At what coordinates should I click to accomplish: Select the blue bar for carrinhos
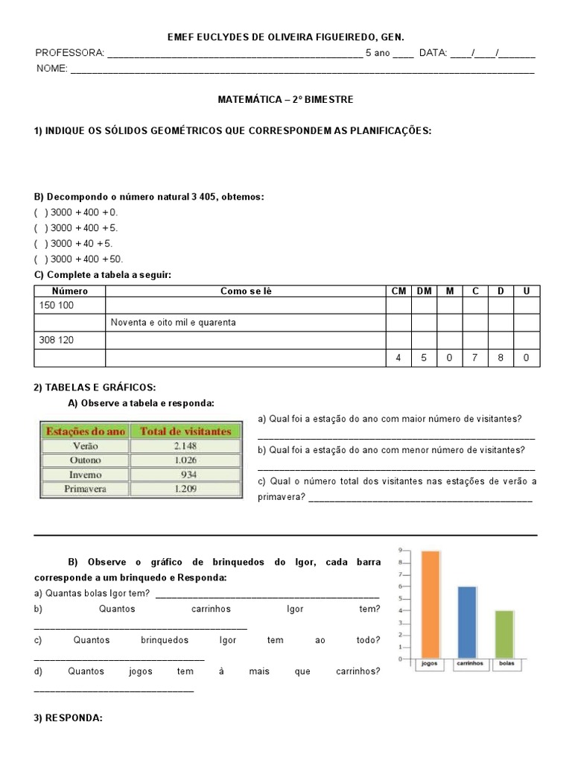point(467,623)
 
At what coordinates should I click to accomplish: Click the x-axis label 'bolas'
point(506,663)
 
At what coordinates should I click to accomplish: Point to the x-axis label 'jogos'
point(429,663)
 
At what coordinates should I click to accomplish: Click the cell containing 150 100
point(69,305)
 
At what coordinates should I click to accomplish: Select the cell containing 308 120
point(69,340)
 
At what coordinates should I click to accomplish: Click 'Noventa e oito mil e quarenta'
point(174,323)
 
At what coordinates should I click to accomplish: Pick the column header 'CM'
point(398,291)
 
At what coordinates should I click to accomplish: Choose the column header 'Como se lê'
point(246,291)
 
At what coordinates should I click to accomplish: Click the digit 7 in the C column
point(475,358)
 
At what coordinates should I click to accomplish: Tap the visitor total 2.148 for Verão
point(185,446)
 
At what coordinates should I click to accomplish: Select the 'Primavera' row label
point(85,490)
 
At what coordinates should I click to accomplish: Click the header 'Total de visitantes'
point(185,431)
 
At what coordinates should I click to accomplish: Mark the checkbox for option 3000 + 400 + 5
point(40,228)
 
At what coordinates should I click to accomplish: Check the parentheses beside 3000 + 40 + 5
point(40,244)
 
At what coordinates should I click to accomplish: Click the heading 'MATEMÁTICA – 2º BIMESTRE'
point(285,98)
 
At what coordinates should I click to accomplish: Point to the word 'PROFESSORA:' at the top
point(70,53)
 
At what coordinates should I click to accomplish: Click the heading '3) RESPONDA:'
point(68,718)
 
